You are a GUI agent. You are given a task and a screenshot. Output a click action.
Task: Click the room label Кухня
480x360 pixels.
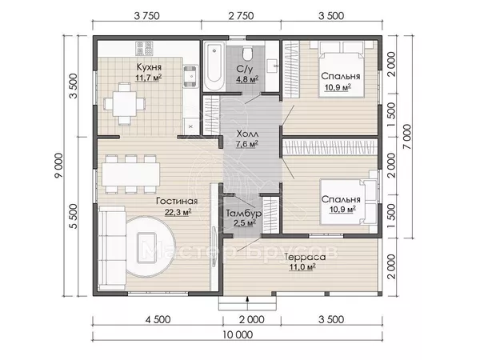[x=149, y=67]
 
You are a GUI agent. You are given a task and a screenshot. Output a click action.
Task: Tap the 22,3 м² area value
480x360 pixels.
[x=178, y=212]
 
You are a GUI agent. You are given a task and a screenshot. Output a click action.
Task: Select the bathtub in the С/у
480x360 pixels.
[x=214, y=66]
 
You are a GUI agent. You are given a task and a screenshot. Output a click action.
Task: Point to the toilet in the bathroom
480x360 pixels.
[x=247, y=54]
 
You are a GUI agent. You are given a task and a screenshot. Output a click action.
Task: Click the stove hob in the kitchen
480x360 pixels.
[x=144, y=49]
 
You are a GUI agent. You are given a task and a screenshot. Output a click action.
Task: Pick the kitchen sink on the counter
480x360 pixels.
[x=190, y=75]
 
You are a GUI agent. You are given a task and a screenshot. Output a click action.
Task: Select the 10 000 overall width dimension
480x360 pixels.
[x=238, y=335]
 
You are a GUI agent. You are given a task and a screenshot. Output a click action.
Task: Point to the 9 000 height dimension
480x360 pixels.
[x=58, y=166]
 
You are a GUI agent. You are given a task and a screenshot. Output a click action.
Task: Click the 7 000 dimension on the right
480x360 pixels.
[x=407, y=137]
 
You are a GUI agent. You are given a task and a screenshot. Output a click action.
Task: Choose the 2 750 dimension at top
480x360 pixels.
[x=242, y=16]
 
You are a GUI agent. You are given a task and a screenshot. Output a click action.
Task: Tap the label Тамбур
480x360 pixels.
[x=244, y=213]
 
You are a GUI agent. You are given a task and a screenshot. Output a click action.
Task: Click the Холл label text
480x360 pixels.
[x=247, y=134]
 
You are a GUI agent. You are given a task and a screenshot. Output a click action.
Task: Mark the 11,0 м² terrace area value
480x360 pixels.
[x=302, y=267]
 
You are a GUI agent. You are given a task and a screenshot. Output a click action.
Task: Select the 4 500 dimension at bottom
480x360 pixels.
[x=158, y=320]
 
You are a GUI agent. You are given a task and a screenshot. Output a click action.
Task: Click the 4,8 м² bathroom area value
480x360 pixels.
[x=247, y=79]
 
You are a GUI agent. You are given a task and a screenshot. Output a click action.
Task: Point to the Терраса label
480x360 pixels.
[x=305, y=257]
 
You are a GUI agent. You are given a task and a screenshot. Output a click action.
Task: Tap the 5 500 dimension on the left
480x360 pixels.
[x=74, y=217]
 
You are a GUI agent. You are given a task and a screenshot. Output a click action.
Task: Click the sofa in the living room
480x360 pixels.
[x=112, y=248]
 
